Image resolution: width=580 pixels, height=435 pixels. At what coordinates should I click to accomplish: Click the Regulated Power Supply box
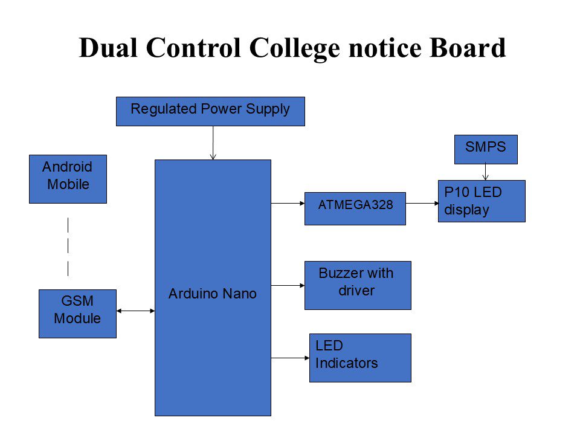click(x=210, y=111)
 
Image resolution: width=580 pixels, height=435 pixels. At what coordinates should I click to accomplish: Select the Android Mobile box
click(x=68, y=179)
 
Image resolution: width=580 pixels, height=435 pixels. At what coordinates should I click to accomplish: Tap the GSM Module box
click(x=78, y=314)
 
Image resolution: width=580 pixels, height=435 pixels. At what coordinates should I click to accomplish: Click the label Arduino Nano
click(x=213, y=294)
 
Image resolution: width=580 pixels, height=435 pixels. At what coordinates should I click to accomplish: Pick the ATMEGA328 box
click(x=355, y=208)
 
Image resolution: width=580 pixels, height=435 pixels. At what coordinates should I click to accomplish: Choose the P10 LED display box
click(x=482, y=201)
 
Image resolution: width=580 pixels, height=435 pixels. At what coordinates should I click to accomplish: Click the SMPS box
click(x=486, y=149)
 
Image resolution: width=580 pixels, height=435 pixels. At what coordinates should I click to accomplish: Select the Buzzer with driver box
click(x=358, y=286)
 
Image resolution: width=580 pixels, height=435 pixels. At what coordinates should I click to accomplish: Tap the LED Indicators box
click(x=360, y=358)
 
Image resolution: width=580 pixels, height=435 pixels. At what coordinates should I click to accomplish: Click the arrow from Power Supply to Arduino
click(x=213, y=143)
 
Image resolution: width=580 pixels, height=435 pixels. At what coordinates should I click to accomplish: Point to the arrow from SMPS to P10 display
click(x=486, y=172)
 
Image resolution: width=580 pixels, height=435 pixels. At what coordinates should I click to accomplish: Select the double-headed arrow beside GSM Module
click(x=135, y=311)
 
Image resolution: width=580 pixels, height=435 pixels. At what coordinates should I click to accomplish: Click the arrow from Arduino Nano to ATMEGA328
click(x=288, y=203)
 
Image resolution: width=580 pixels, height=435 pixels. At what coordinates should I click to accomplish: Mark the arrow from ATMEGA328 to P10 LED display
click(x=422, y=203)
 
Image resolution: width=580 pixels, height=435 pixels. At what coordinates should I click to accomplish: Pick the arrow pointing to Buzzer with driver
click(x=288, y=286)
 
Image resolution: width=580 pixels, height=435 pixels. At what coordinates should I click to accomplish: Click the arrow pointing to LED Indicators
click(x=291, y=358)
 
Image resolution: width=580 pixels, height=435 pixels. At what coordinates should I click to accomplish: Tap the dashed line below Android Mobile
click(x=68, y=246)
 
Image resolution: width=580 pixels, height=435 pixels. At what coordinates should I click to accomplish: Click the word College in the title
click(x=294, y=49)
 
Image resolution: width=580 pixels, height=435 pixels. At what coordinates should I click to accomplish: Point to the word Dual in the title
click(x=108, y=48)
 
